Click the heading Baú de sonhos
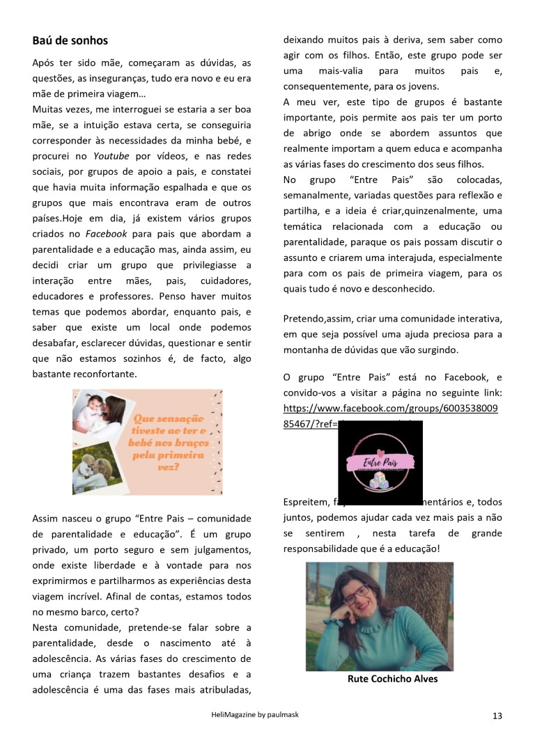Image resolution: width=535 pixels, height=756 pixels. coord(70,40)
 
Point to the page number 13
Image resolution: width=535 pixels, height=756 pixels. coord(497,716)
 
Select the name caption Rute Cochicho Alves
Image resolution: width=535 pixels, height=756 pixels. coord(392,679)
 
